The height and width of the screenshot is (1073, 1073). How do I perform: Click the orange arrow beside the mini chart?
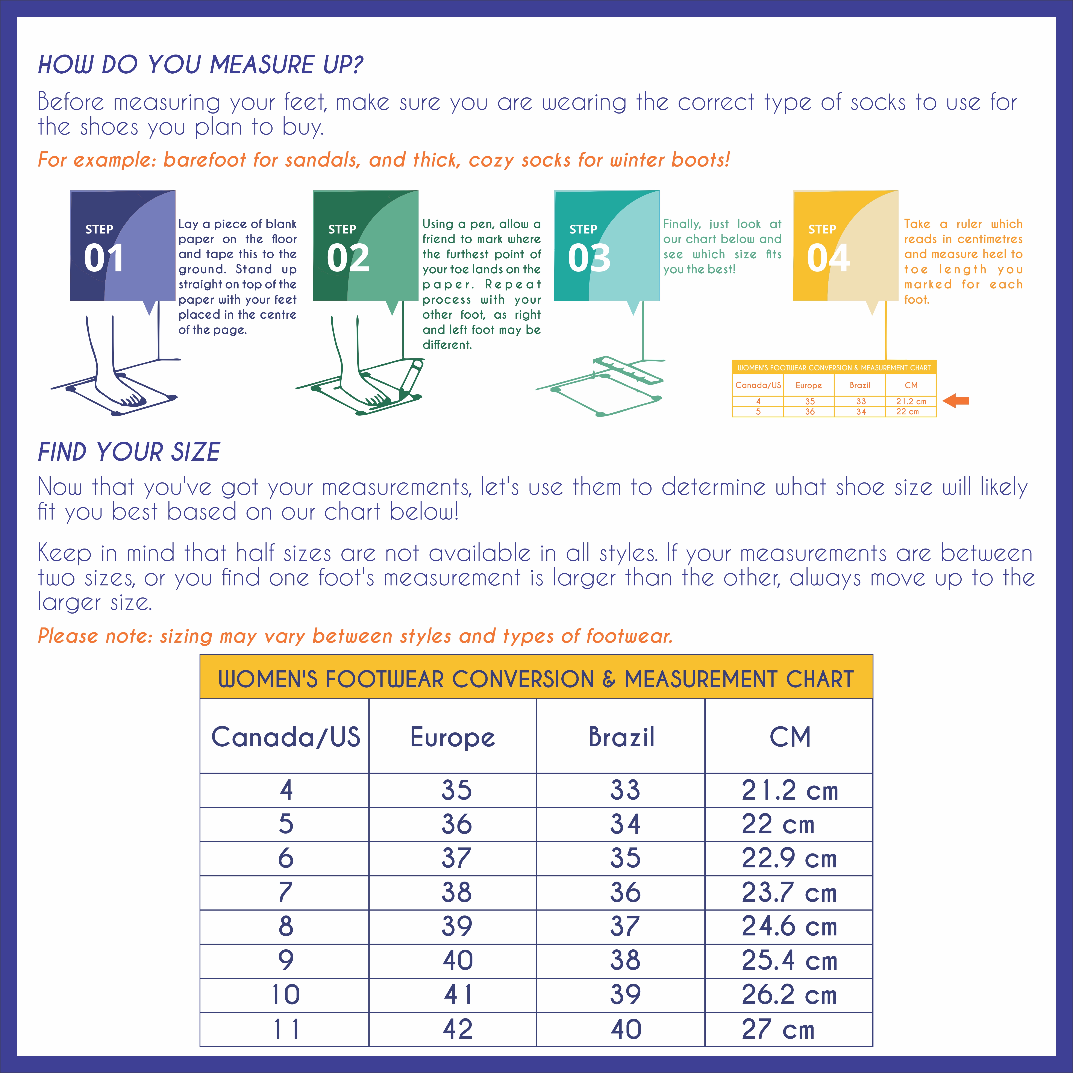tap(956, 400)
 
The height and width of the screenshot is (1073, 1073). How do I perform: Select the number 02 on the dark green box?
tap(348, 258)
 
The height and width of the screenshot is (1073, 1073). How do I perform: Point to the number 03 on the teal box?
tap(589, 258)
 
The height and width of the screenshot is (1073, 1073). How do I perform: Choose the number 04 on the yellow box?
tap(828, 258)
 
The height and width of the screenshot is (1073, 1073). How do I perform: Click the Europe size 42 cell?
tap(457, 1029)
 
